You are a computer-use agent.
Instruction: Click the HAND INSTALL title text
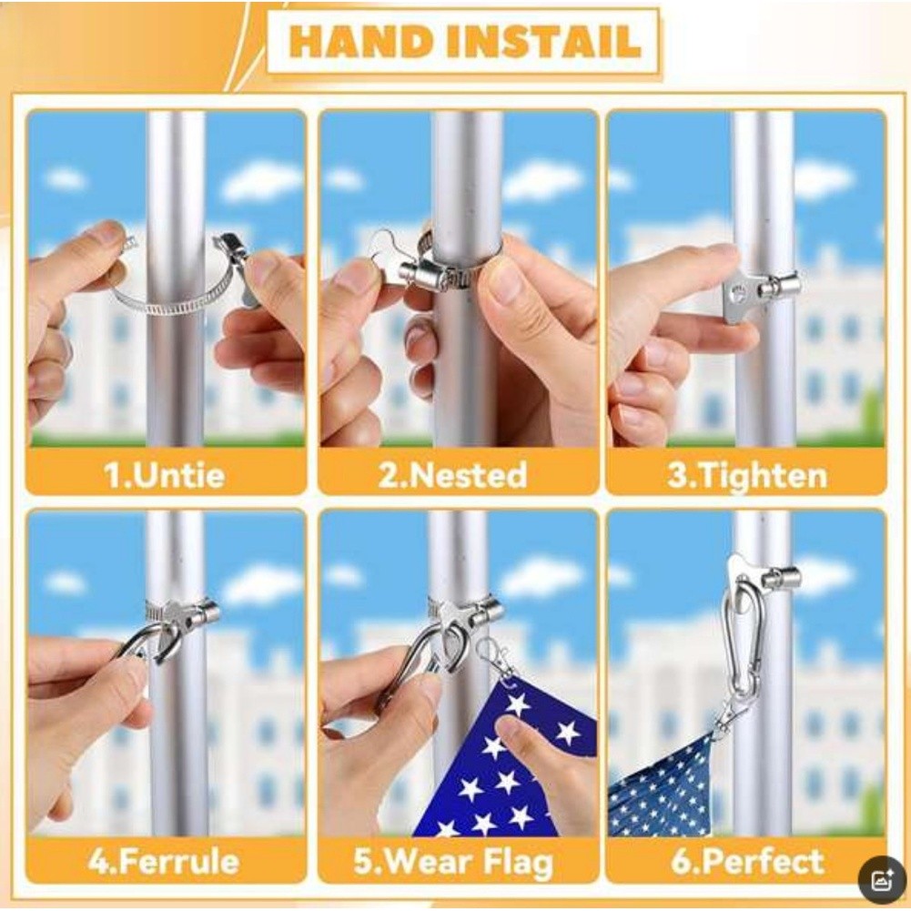click(463, 41)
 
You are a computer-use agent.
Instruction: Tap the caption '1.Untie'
click(165, 475)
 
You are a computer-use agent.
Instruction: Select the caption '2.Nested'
click(452, 475)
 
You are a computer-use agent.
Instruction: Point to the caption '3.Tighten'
click(746, 475)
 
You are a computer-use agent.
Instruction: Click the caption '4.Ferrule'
click(164, 860)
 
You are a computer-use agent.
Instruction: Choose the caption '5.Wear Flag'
click(453, 862)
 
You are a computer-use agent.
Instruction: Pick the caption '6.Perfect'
click(747, 860)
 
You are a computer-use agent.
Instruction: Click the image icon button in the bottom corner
click(882, 880)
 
